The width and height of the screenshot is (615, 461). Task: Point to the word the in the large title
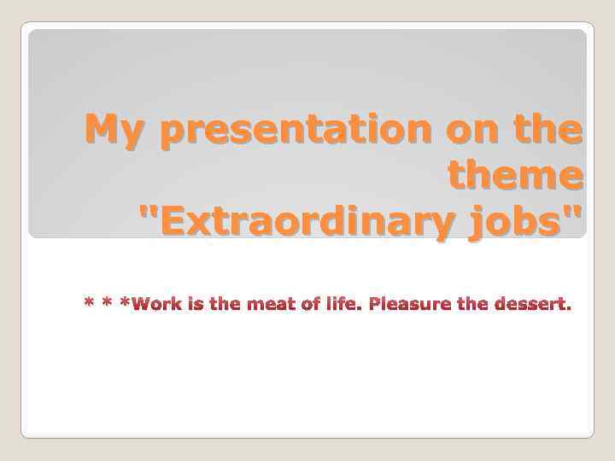pos(549,130)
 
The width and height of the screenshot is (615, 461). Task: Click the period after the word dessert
pos(568,309)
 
